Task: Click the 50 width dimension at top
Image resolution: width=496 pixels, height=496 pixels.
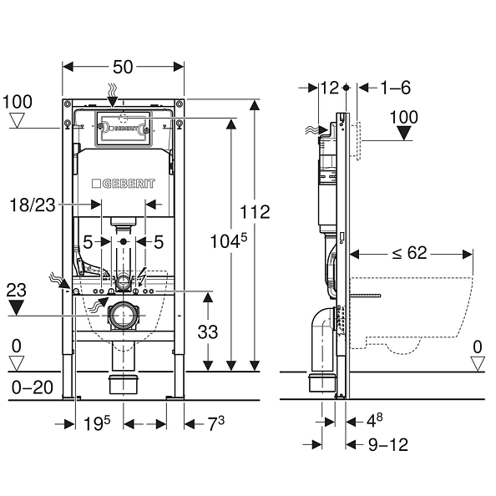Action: pos(123,67)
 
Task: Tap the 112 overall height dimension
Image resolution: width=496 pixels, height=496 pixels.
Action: pos(255,211)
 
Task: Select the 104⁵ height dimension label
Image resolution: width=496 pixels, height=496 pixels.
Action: pos(229,240)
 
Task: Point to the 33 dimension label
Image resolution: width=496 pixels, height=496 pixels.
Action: pos(208,332)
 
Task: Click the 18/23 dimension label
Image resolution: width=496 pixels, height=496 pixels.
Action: pos(33,205)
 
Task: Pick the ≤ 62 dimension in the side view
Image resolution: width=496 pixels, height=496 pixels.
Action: pos(410,253)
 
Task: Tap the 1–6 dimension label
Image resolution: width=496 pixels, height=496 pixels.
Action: pos(396,88)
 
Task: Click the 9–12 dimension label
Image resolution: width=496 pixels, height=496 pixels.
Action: pos(388,444)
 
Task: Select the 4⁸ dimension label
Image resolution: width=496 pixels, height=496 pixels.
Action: pos(375,420)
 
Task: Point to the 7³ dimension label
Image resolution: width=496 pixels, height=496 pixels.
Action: pos(215,423)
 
